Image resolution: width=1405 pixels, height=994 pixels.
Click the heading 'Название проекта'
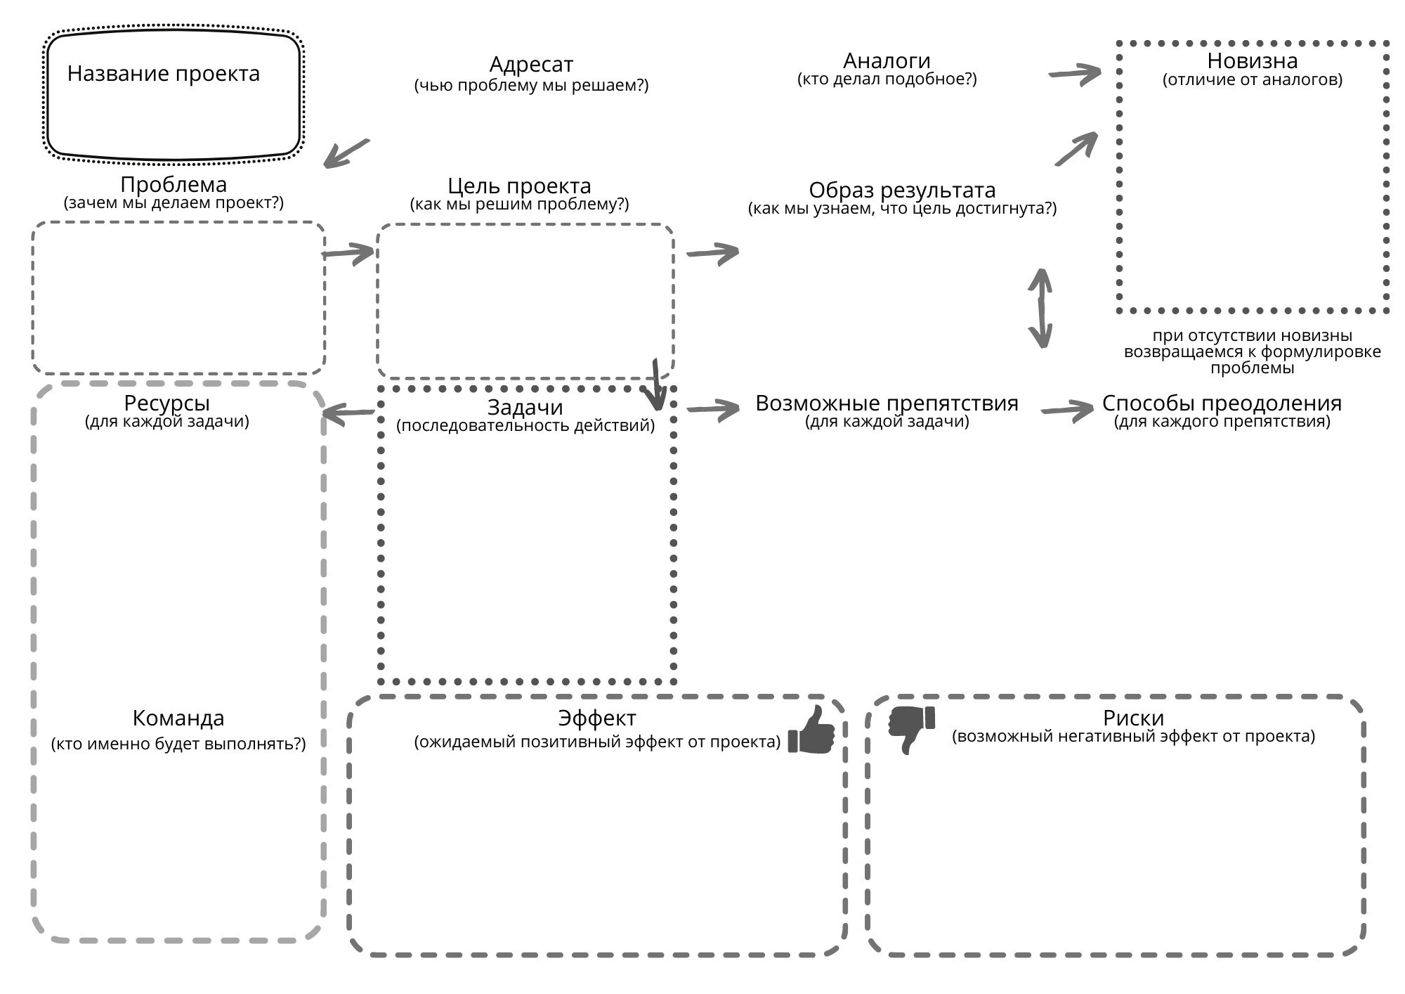coord(164,74)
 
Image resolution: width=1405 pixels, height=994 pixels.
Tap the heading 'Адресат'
coord(531,65)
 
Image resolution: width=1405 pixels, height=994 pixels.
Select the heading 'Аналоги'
coord(887,61)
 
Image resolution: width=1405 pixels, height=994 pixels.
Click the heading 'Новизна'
coord(1252,60)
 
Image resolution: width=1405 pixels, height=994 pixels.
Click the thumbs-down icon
coord(912,730)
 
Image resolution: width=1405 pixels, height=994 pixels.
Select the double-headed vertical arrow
coord(1040,309)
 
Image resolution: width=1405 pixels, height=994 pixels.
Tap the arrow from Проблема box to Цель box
coord(348,252)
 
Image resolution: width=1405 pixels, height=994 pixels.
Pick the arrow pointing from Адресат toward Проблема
coord(346,153)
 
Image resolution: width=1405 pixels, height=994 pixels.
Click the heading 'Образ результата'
coord(902,190)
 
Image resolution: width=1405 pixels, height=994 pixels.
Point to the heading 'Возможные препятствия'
coord(887,403)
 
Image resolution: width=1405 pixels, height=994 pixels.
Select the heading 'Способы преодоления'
coord(1222,404)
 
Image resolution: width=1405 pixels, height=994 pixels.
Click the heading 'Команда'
coord(178,718)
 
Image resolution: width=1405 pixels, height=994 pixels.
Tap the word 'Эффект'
coord(597,718)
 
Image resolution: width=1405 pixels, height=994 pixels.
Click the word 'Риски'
coord(1133,718)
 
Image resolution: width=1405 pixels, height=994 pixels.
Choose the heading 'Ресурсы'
coord(166,404)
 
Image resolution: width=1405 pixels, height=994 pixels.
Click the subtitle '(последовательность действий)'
coord(525,425)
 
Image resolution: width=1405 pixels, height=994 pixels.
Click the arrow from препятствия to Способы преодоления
coord(1068,411)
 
